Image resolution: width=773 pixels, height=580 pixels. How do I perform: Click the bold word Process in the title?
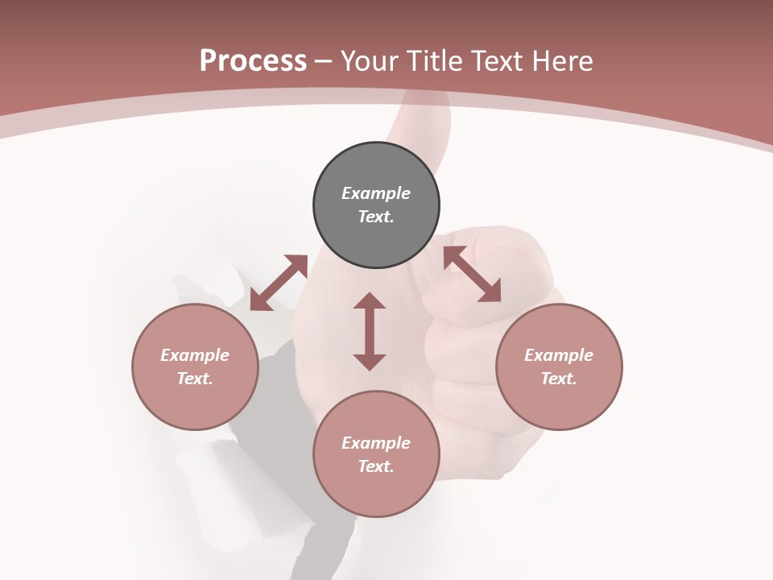coord(253,61)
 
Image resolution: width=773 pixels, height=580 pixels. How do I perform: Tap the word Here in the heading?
coord(561,61)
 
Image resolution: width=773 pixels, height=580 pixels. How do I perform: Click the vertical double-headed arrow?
coord(370,331)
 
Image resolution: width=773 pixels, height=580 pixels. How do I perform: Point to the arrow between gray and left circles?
coord(279,283)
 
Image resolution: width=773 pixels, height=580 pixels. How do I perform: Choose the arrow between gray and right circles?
coord(473,275)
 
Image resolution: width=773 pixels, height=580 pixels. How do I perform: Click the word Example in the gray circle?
coord(376,193)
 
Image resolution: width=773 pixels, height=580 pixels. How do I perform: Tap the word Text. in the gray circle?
coord(376,217)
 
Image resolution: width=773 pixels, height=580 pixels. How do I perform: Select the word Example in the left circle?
coord(195,355)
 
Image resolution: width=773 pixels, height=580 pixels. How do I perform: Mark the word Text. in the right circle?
coord(559,379)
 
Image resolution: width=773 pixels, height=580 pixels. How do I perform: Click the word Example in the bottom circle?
coord(376,443)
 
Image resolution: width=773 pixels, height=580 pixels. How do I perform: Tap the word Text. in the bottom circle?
coord(376,466)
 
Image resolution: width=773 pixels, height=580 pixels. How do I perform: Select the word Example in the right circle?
coord(559,355)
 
